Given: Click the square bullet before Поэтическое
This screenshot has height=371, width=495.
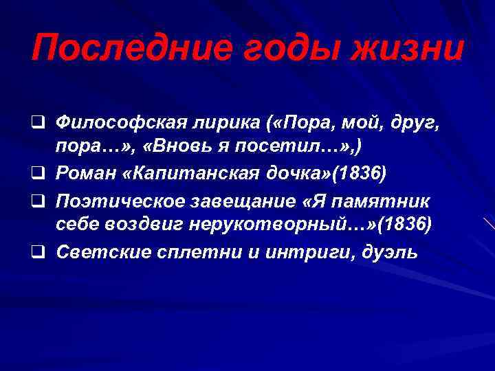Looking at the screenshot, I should coord(43,201).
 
